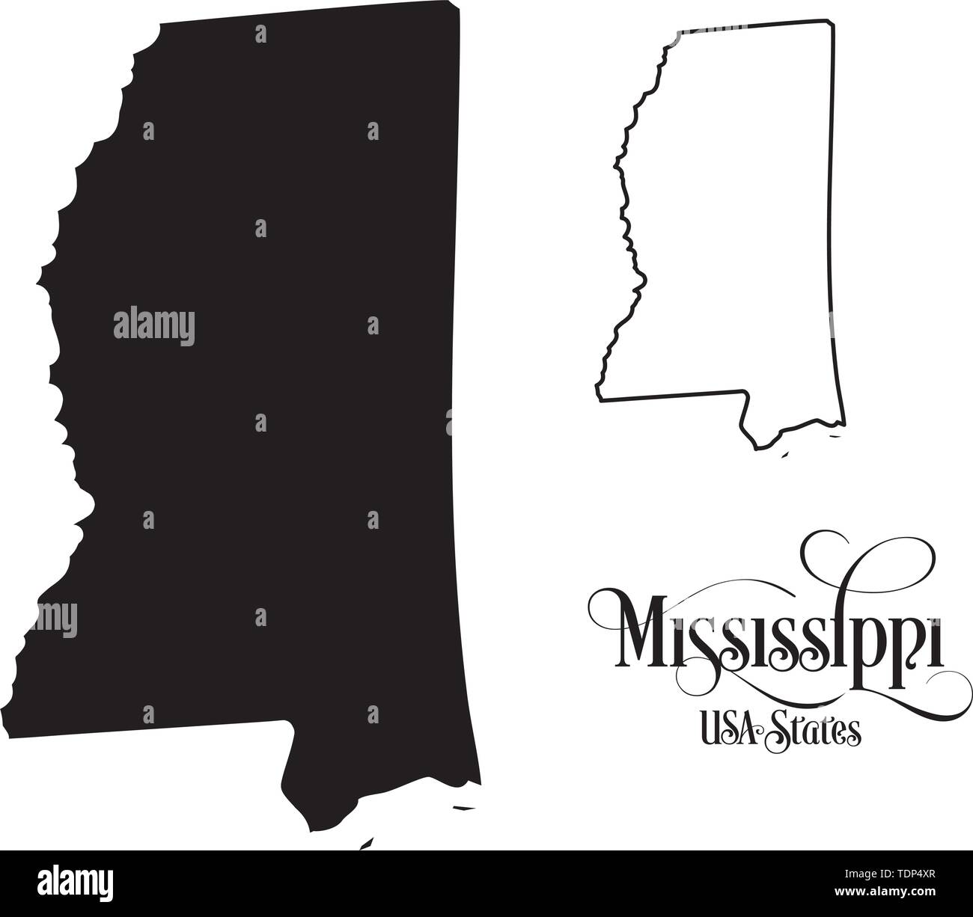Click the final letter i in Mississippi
pyautogui.click(x=934, y=642)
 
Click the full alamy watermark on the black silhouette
pyautogui.click(x=154, y=325)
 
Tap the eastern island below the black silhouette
pyautogui.click(x=465, y=808)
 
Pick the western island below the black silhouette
pyautogui.click(x=366, y=844)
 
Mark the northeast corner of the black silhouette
pyautogui.click(x=458, y=10)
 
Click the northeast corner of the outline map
pyautogui.click(x=833, y=23)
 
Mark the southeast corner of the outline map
pyautogui.click(x=846, y=425)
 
